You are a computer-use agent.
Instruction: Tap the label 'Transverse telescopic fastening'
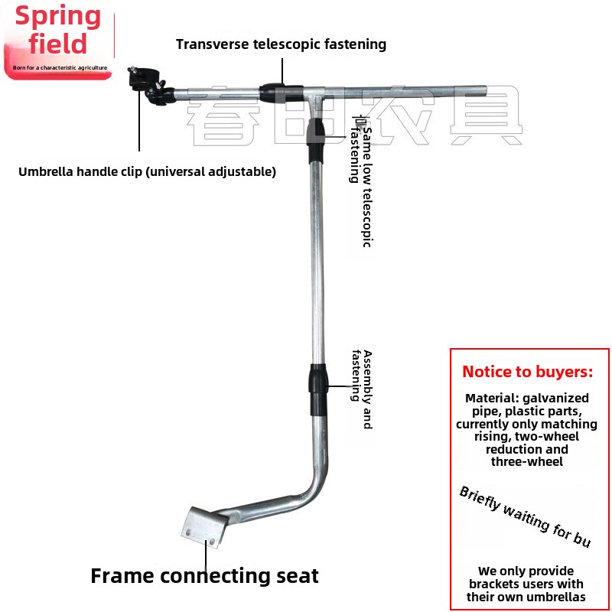[x=281, y=44]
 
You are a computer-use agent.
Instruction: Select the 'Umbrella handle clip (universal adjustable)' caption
[x=147, y=171]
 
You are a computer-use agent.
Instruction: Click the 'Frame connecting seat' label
[x=204, y=575]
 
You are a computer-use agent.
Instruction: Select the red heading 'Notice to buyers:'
[x=527, y=373]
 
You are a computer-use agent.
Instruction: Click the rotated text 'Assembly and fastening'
[x=362, y=389]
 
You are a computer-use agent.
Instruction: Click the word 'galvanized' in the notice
[x=555, y=398]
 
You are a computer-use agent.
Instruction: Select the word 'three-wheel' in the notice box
[x=526, y=461]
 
